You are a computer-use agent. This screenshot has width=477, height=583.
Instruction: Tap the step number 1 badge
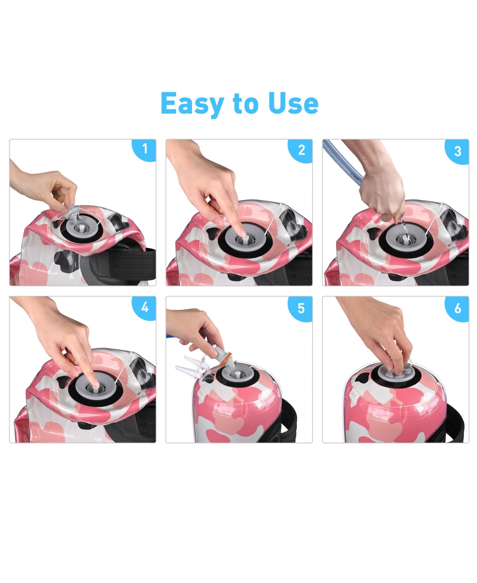click(x=145, y=149)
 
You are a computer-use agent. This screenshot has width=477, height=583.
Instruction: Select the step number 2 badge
click(x=301, y=150)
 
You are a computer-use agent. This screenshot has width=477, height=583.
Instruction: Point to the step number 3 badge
click(x=458, y=151)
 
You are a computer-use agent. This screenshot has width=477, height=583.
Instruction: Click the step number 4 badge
click(x=145, y=307)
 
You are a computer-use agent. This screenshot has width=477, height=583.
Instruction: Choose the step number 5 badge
click(x=301, y=308)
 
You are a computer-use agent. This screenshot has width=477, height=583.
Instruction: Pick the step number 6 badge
click(x=458, y=308)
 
